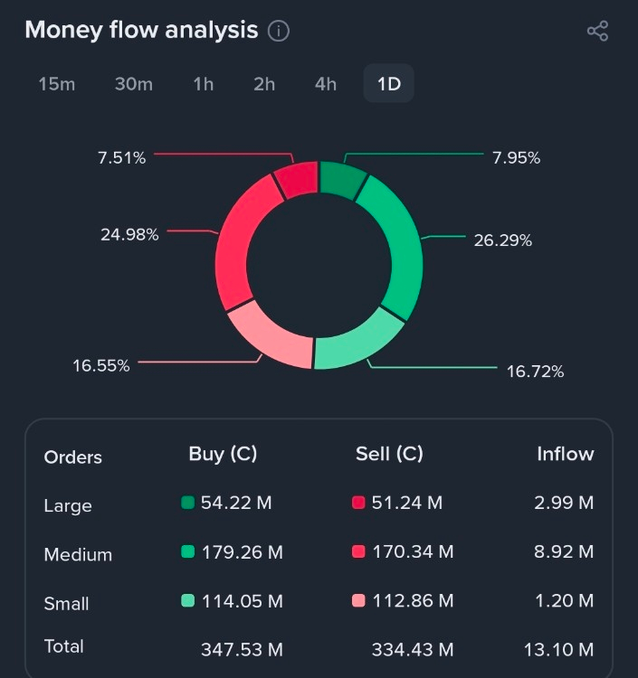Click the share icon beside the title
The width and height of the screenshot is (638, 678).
[x=597, y=31]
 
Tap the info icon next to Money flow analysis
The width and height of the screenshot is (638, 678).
[x=279, y=31]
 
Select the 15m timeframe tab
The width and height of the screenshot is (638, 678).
[x=56, y=84]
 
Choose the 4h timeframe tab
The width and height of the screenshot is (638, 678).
[x=326, y=84]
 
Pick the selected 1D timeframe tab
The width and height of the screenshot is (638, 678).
[x=389, y=84]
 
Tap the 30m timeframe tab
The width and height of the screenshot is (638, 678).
[x=133, y=84]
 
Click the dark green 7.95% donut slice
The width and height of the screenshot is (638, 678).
[x=342, y=179]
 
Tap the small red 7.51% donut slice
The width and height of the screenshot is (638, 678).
[x=296, y=179]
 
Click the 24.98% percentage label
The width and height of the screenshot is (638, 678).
[x=129, y=235]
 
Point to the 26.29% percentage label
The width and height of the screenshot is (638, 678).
[x=502, y=240]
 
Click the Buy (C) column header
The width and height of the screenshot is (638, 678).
[x=223, y=455]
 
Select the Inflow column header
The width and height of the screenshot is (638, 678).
[x=565, y=455]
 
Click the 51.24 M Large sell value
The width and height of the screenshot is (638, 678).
[x=406, y=503]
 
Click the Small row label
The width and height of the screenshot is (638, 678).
[x=66, y=603]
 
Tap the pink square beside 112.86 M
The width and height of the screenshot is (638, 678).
[x=358, y=600]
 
